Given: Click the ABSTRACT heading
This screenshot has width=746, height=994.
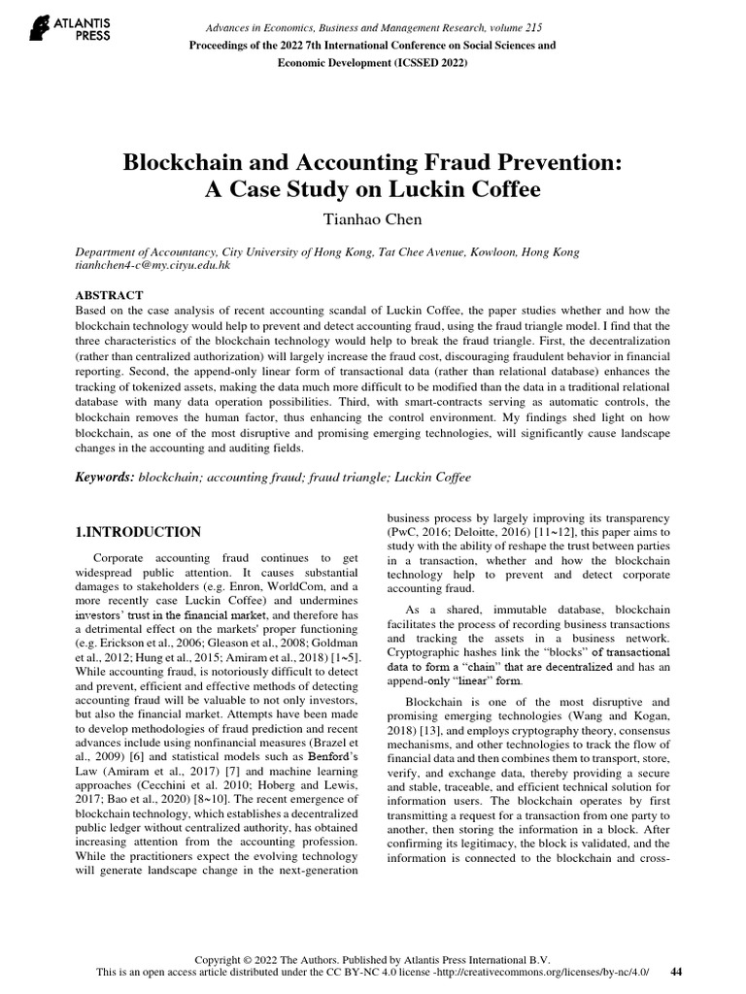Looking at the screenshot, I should [110, 295].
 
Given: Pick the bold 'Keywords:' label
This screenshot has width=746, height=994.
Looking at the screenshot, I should [105, 478].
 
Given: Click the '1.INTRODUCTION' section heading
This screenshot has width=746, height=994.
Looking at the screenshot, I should [138, 532].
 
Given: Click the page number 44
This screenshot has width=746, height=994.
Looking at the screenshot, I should [678, 972].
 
